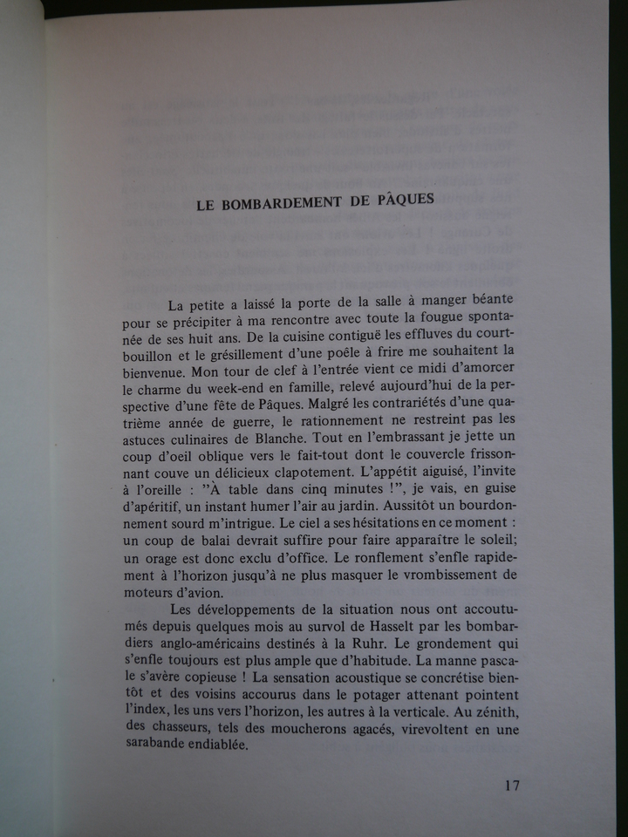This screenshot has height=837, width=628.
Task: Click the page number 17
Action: (x=512, y=784)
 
